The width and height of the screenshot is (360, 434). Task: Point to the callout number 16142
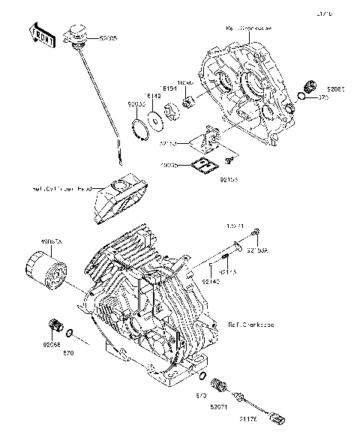(153, 97)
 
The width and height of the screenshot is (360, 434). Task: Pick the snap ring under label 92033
(139, 127)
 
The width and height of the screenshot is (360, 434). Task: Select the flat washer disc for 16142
(156, 118)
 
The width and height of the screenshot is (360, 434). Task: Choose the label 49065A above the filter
(52, 242)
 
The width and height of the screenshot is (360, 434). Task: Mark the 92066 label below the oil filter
(52, 346)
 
